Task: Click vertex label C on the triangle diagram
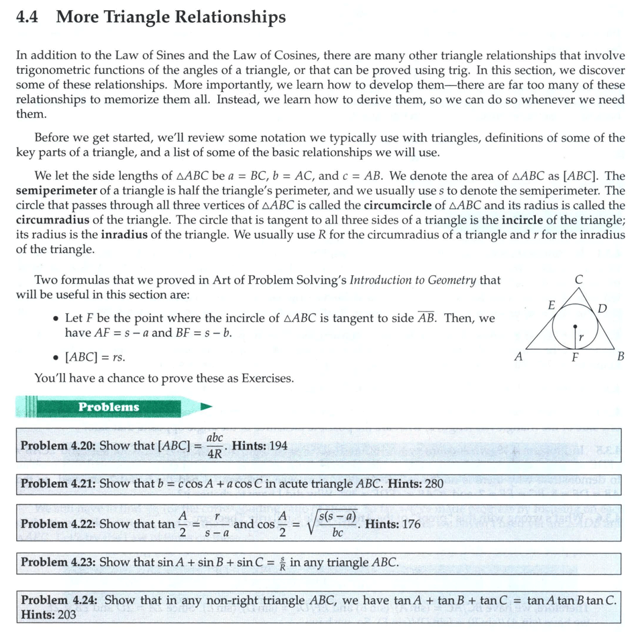tap(578, 278)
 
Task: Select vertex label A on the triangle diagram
tap(518, 357)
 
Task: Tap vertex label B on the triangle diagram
tap(621, 357)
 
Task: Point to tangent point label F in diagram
tap(574, 358)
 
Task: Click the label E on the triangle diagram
tap(551, 305)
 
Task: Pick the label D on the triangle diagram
tap(602, 309)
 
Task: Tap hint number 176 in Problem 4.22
tap(410, 524)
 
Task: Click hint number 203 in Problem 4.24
tap(66, 614)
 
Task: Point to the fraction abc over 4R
tap(215, 445)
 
